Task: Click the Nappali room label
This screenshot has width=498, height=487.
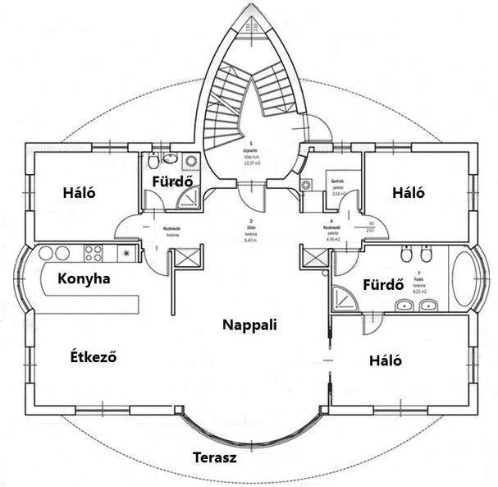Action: tap(249, 325)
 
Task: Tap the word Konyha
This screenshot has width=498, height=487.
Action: tap(84, 278)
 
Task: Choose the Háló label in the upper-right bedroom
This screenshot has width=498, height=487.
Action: tap(408, 193)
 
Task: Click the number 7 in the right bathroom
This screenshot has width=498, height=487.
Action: tap(419, 273)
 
